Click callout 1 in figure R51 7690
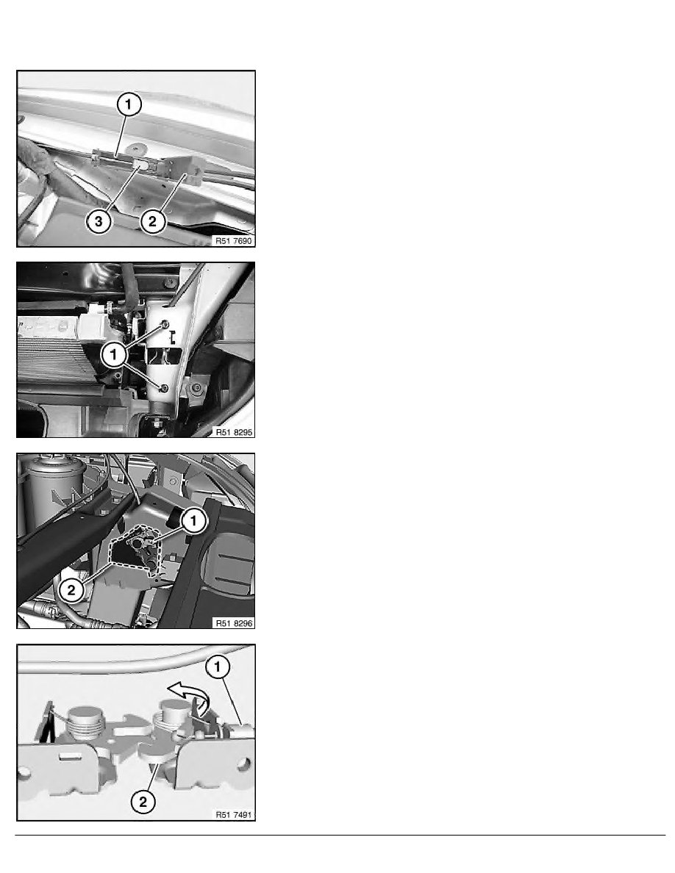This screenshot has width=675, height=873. pos(129,104)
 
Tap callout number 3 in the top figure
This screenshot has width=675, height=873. pos(99,222)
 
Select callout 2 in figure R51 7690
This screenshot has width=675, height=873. pos(153,222)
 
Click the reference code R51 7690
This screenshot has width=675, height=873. pos(234,241)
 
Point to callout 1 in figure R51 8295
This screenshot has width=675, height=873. pos(114,354)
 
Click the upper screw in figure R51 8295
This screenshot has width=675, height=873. pos(165,324)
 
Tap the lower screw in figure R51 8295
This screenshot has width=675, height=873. pos(164,387)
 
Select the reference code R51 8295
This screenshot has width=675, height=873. pos(234,432)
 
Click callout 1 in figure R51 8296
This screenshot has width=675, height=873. pos(194,520)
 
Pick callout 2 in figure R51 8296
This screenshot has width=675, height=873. pos(71,589)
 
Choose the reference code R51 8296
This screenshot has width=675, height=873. pos(234,623)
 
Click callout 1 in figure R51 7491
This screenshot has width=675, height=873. pos(218,667)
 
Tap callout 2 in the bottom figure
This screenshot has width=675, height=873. pos(143,802)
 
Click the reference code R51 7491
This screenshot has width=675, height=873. pos(234,814)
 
